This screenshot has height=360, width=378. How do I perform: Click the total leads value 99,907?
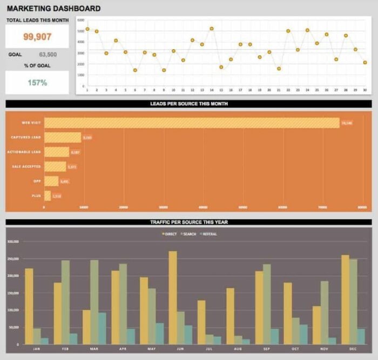click(x=37, y=37)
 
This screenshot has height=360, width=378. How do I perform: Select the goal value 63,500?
click(x=48, y=55)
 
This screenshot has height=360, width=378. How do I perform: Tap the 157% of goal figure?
click(x=37, y=83)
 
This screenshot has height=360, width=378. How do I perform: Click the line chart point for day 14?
click(x=212, y=29)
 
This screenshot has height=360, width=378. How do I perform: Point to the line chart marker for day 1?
click(x=87, y=29)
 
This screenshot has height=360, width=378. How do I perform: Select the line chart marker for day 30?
click(x=365, y=63)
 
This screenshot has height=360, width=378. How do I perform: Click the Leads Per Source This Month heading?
click(x=188, y=104)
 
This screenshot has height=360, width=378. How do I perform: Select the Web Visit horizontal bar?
click(x=192, y=123)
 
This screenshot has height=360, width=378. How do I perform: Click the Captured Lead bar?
click(x=62, y=138)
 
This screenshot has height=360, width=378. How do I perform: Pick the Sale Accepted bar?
click(x=55, y=167)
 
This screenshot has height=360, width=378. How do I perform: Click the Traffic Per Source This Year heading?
click(x=188, y=222)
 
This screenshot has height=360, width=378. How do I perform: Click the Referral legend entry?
click(x=208, y=234)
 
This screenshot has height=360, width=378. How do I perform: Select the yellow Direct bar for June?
click(x=173, y=297)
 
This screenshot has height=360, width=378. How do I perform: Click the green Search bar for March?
click(x=94, y=302)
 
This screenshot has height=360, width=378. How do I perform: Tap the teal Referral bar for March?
click(x=102, y=328)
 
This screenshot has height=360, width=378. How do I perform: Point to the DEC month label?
click(x=353, y=349)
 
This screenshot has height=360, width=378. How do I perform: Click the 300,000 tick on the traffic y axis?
click(x=12, y=241)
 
